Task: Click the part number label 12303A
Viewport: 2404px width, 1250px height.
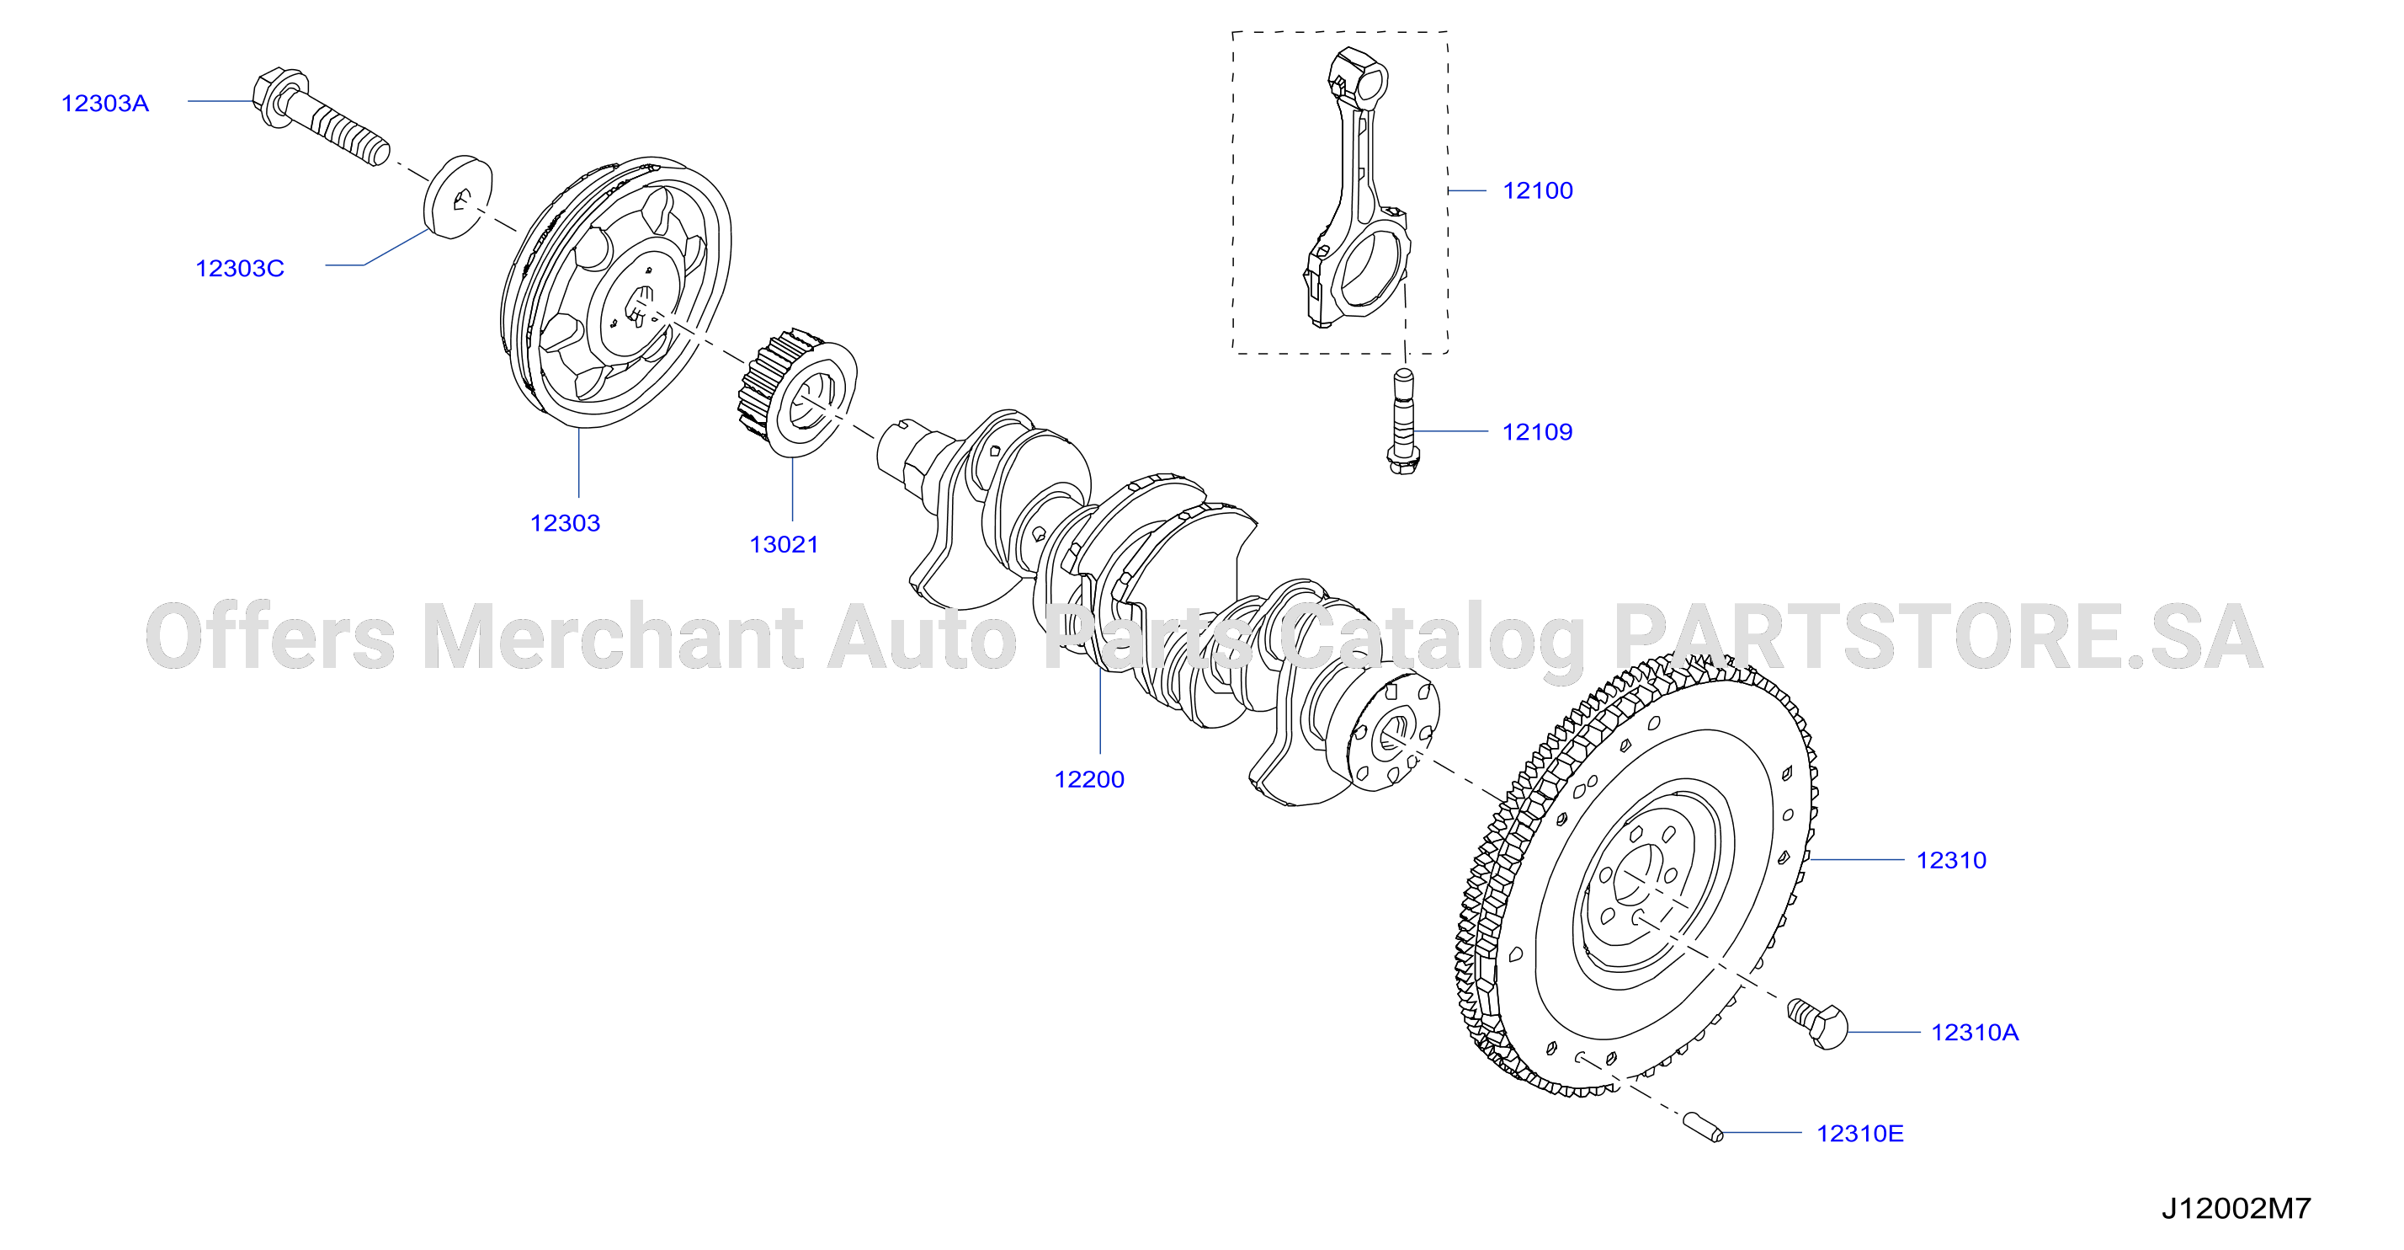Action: point(105,104)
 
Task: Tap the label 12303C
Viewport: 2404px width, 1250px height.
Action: point(240,269)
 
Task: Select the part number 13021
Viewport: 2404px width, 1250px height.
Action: point(784,545)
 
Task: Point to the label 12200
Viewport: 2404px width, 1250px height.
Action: point(1089,779)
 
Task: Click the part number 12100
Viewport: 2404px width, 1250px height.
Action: point(1538,190)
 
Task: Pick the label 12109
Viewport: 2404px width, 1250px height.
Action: point(1537,432)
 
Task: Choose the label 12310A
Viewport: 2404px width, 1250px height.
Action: point(1975,1033)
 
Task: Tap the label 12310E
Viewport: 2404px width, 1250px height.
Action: point(1860,1133)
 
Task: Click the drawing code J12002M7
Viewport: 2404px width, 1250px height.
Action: point(2236,1209)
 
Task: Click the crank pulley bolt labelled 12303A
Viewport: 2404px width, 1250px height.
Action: point(320,118)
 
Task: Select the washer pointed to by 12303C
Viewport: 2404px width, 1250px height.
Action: point(458,197)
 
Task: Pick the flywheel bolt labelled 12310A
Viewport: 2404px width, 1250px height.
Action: point(1817,1024)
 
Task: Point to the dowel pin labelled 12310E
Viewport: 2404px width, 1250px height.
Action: point(1703,1127)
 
